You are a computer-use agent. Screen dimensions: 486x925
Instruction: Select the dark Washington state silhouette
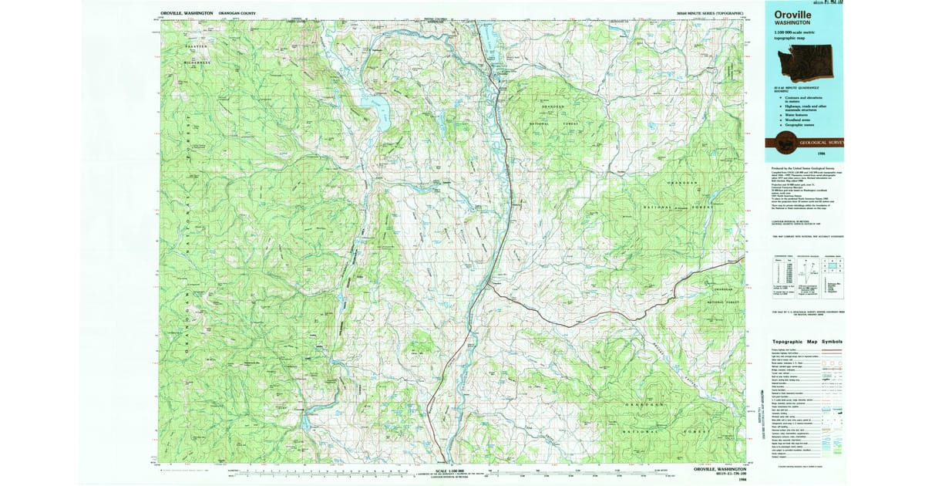(x=809, y=63)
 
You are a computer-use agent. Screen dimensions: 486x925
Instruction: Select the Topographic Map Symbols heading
(x=807, y=342)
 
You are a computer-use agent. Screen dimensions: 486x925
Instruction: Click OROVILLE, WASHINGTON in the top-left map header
(x=187, y=13)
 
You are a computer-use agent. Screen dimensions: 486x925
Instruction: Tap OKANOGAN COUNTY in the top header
(x=238, y=13)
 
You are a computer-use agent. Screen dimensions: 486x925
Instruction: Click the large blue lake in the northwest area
(x=377, y=108)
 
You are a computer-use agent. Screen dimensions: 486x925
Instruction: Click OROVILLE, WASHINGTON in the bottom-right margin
(x=719, y=469)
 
